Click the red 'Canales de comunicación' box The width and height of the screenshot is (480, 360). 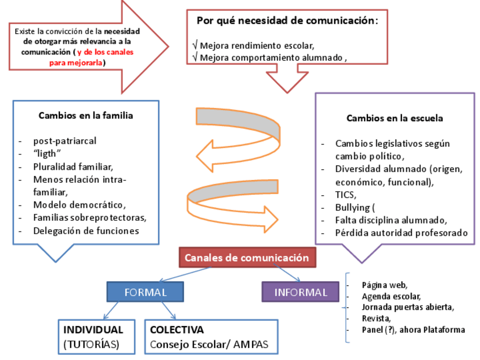pos(247,258)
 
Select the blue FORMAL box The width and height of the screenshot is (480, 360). pos(145,292)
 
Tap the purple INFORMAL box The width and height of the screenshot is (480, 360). pos(301,292)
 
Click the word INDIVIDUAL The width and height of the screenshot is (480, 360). pos(93,329)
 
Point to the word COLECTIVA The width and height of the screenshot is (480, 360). pos(177,329)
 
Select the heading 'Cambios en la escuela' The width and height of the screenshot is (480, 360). pos(395,118)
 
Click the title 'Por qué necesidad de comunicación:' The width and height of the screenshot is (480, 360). pos(287,20)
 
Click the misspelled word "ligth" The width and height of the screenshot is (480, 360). pos(47,153)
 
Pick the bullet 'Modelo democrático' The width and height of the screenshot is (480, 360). pos(79,204)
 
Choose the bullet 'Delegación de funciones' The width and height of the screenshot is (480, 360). pos(86,230)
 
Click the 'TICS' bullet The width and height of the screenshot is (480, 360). pos(345,194)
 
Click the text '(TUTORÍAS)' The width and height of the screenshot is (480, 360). pos(91,344)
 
